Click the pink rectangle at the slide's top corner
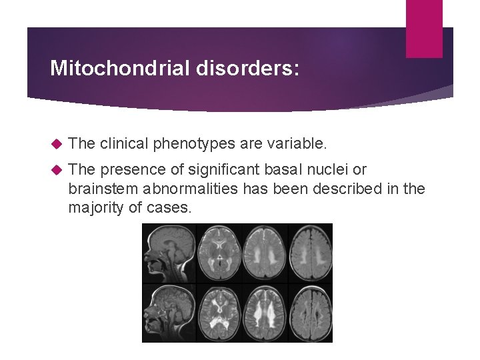pos(423,28)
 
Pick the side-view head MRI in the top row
pos(169,253)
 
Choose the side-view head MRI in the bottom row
pos(169,313)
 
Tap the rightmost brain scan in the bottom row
pos(310,313)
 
